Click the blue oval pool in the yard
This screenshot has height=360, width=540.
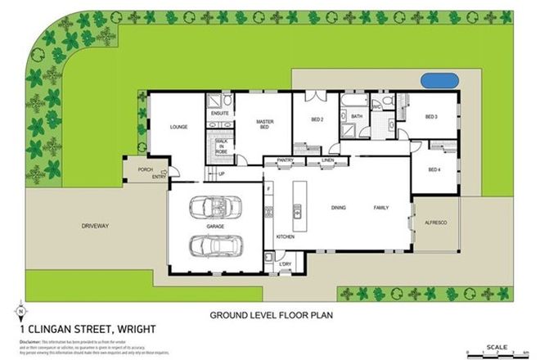coord(439,81)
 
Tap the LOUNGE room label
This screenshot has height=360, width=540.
coord(179,127)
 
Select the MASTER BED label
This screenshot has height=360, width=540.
coord(263,124)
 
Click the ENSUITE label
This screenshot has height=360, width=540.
coord(218,113)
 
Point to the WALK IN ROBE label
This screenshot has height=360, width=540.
coord(221,147)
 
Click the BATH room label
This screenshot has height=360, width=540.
coord(357,117)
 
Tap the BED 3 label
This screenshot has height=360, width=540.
coord(431,117)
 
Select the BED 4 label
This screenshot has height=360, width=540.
coord(434,169)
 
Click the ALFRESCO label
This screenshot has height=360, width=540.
coord(434,221)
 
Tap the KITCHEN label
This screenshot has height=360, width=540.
coord(285,236)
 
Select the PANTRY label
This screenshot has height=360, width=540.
coord(285,160)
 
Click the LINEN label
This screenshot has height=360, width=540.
coord(328,160)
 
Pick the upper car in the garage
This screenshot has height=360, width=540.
coord(215,207)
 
